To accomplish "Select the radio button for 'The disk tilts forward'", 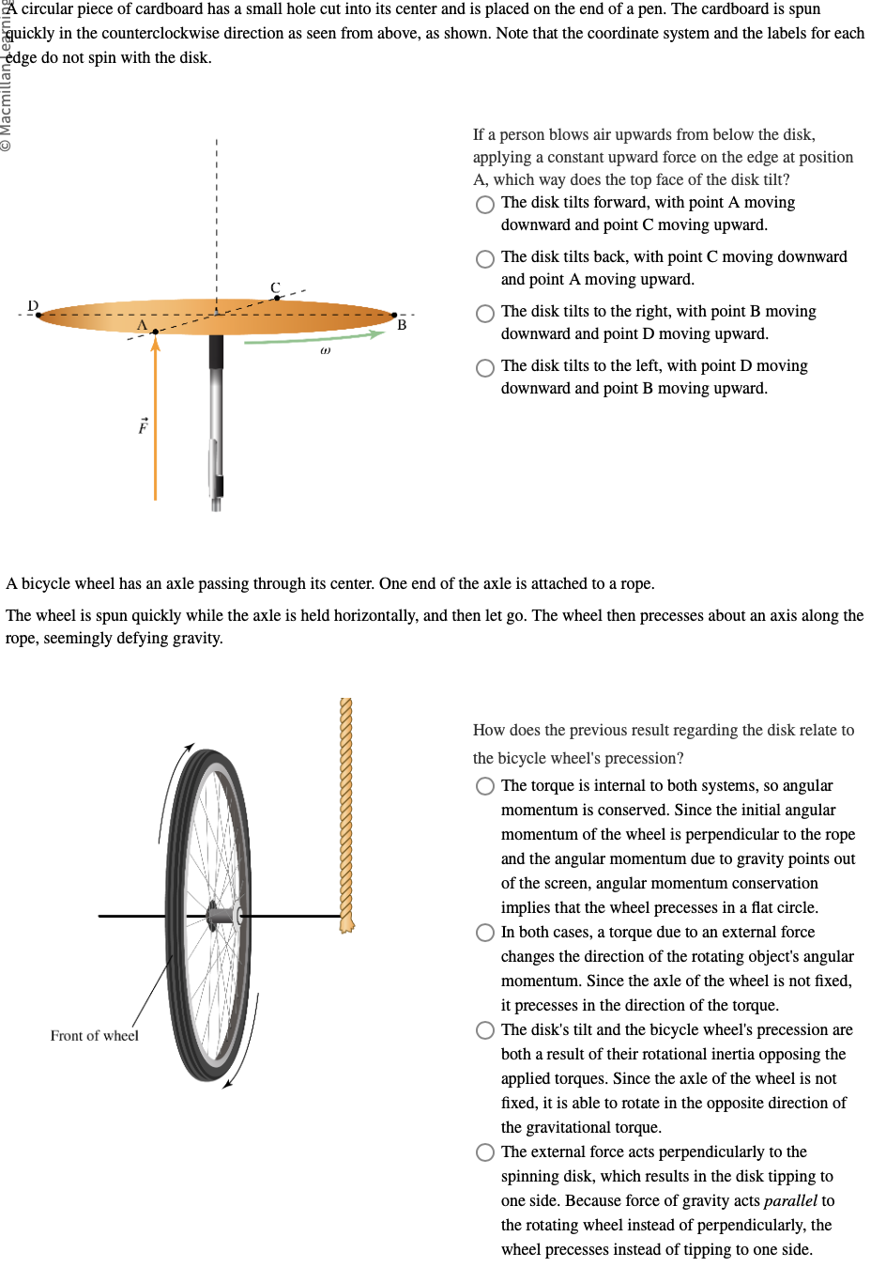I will [x=485, y=204].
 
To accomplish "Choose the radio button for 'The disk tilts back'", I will [x=485, y=258].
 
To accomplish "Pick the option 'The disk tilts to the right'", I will [x=485, y=313].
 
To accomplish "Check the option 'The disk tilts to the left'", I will [x=485, y=367].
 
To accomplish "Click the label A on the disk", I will [x=143, y=325].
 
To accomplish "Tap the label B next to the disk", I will [x=402, y=325].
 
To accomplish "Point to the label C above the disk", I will [x=275, y=287].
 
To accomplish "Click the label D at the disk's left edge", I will [x=33, y=306].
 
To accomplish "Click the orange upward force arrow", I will [x=155, y=423].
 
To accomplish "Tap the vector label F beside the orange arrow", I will [x=143, y=426].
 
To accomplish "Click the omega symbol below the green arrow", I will [x=325, y=350].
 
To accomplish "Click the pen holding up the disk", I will [x=216, y=413].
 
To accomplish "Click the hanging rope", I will [x=346, y=808].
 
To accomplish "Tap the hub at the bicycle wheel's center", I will [x=223, y=914].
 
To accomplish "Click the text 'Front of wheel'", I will [x=94, y=1035].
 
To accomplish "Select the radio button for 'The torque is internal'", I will [x=485, y=786].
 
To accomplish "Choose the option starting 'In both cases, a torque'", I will [x=485, y=933].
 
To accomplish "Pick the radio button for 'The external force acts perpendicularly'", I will [x=485, y=1152].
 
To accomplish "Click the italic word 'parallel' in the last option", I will [x=790, y=1200].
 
